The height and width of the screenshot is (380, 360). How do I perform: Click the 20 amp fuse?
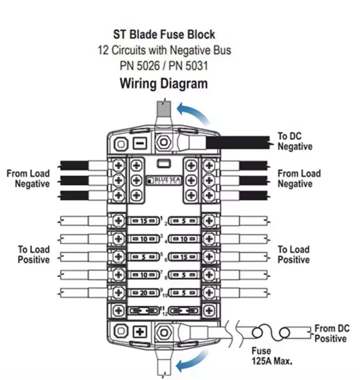coord(144,293)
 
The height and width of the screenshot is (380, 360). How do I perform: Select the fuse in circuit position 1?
coord(144,221)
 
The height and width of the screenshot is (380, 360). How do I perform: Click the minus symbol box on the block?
coord(140,144)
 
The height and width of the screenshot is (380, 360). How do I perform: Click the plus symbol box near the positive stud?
coord(140,332)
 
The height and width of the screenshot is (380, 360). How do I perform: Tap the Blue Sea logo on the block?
coord(164,180)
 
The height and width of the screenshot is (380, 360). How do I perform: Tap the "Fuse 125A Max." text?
coord(272,356)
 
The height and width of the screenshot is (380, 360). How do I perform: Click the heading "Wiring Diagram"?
coord(164,83)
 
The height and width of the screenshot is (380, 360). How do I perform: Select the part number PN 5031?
coord(188,66)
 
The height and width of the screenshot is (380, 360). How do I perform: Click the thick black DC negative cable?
coord(238,143)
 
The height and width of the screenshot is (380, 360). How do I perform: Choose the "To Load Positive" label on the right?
coord(293,254)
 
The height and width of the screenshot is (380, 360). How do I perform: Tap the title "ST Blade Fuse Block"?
coord(164,34)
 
